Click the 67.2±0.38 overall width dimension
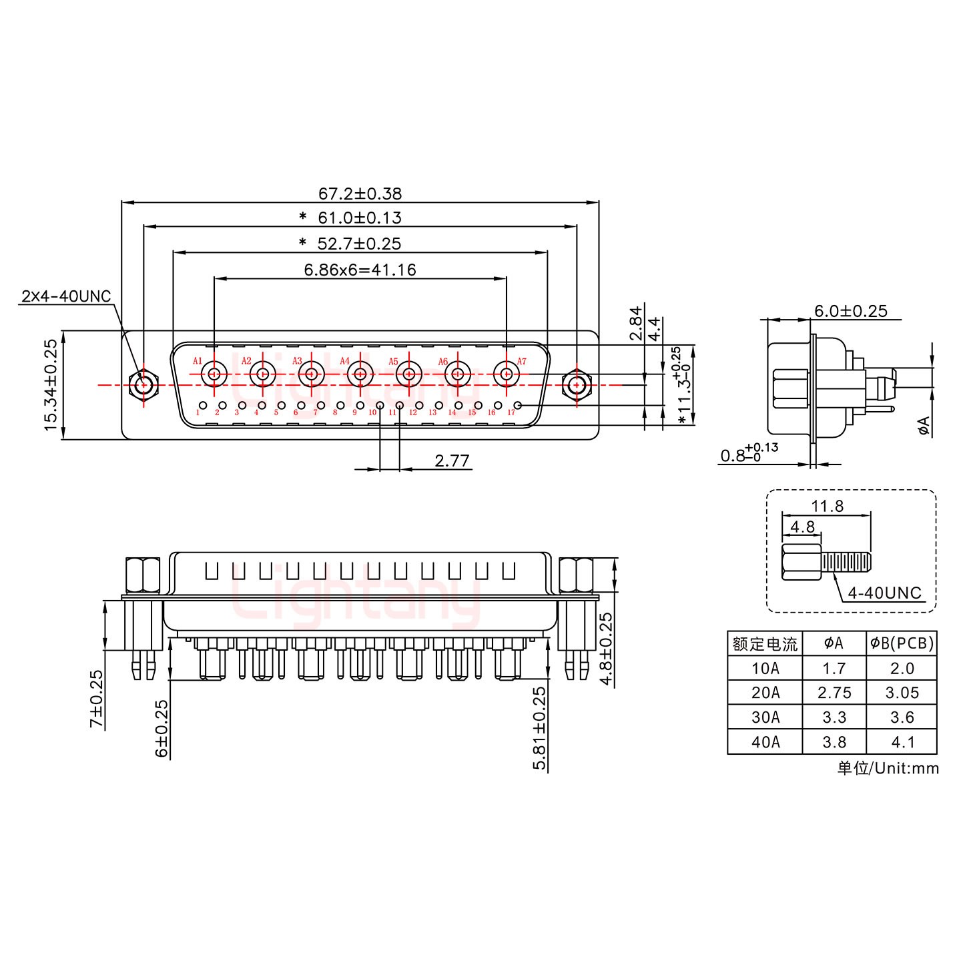[x=360, y=194]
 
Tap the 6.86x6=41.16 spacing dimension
[x=360, y=270]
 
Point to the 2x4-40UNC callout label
[x=66, y=296]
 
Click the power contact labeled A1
[x=214, y=374]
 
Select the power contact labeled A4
[x=360, y=374]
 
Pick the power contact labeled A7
[x=506, y=374]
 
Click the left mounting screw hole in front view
[x=143, y=385]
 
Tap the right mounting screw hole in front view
[x=577, y=385]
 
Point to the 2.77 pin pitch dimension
[x=452, y=460]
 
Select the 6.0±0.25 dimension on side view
[x=850, y=310]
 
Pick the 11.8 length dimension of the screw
[x=828, y=506]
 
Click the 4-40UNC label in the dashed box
[x=884, y=592]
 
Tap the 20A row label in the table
[x=765, y=693]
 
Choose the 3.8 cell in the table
[x=834, y=741]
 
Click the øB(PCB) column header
[x=902, y=643]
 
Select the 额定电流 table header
[x=765, y=644]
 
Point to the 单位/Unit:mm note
[x=888, y=768]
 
